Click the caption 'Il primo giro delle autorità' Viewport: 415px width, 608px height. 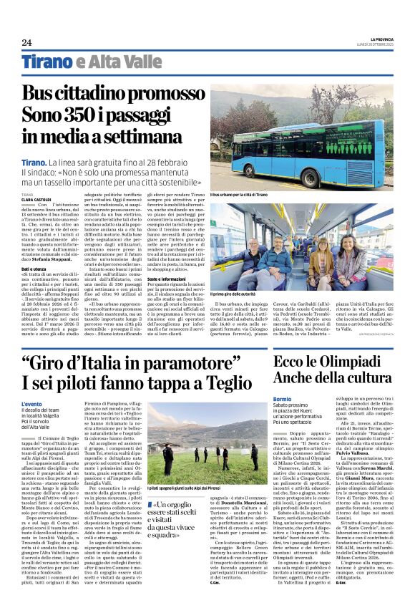pos(233,294)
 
